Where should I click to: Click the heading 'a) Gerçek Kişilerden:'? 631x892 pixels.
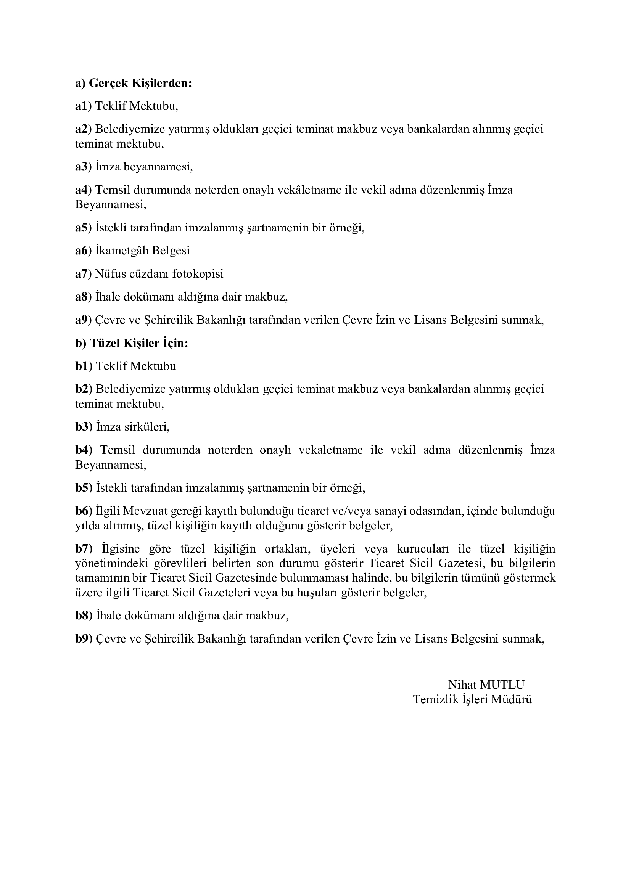(133, 83)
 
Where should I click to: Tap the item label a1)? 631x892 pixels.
(83, 106)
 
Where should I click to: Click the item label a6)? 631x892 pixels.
(83, 251)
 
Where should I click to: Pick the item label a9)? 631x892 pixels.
(83, 320)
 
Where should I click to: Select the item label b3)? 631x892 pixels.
(84, 427)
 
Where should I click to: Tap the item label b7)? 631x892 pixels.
(84, 549)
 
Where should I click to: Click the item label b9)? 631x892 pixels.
(84, 639)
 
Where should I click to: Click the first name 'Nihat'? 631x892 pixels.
(462, 685)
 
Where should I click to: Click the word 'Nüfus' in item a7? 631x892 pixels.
(109, 274)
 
